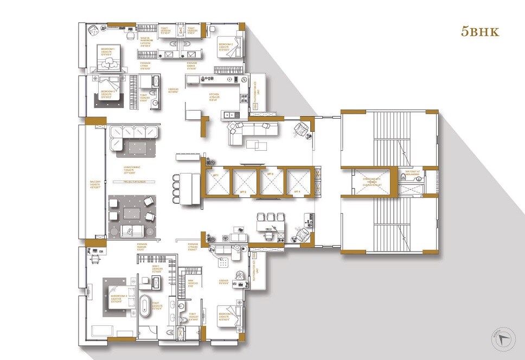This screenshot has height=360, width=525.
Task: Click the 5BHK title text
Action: click(479, 31)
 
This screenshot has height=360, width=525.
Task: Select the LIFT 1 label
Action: click(215, 175)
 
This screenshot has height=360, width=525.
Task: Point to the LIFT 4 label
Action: click(297, 192)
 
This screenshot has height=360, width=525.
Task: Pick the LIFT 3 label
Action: click(270, 175)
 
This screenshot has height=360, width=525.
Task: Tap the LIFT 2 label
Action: click(242, 192)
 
